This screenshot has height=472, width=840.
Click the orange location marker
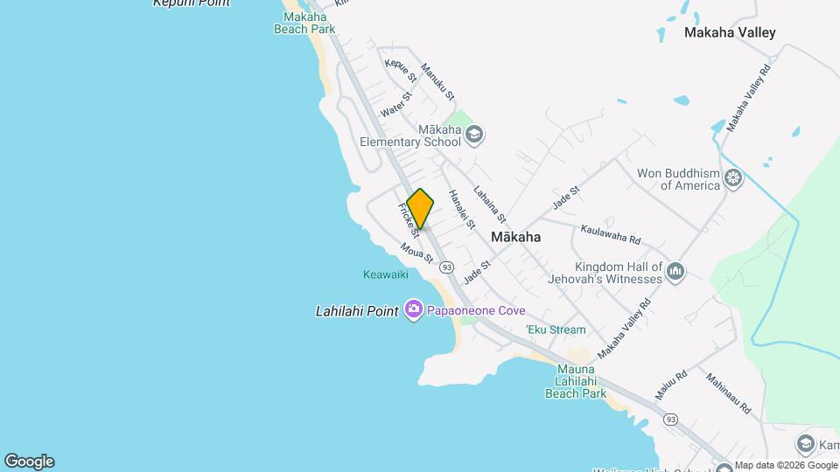point(420,208)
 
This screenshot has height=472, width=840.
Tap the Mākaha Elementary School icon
point(474,135)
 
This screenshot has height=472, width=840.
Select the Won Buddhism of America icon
point(733,179)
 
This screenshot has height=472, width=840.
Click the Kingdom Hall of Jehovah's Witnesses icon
point(675,273)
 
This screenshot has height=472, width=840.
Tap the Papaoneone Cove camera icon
point(414,310)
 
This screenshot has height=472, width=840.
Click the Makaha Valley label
point(729,33)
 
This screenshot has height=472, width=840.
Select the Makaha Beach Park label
point(304,23)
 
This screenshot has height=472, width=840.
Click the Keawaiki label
point(386,274)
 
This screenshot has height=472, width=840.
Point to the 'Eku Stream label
point(556,330)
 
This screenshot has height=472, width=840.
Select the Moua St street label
point(417,253)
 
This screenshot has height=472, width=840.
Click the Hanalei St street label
point(461,209)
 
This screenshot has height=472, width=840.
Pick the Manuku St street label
point(437,81)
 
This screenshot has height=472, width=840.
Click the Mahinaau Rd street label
point(729,394)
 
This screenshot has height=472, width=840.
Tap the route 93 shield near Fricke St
point(446,267)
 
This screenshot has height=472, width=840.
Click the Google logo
point(29,461)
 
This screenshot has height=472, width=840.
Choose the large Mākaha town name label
point(515,237)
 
